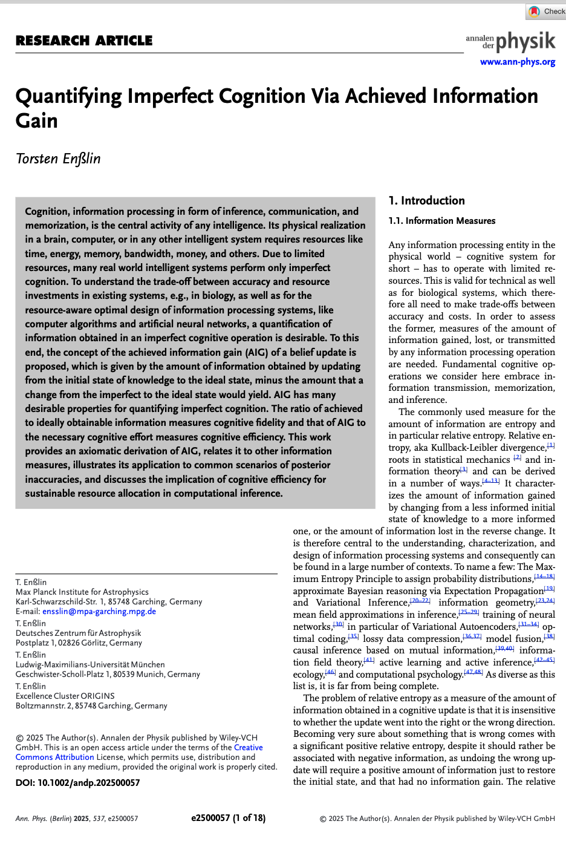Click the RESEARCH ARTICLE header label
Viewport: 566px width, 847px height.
pyautogui.click(x=84, y=41)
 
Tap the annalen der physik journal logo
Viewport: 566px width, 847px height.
pyautogui.click(x=510, y=42)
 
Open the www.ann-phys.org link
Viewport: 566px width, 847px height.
pyautogui.click(x=517, y=62)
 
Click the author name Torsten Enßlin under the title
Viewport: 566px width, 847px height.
pyautogui.click(x=58, y=159)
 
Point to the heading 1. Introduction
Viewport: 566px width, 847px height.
pyautogui.click(x=426, y=201)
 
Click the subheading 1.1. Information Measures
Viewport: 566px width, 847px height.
pyautogui.click(x=441, y=221)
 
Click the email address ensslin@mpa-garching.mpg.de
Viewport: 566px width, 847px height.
pyautogui.click(x=99, y=612)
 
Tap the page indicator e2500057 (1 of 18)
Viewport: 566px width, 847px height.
pyautogui.click(x=228, y=818)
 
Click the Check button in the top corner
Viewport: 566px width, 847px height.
pyautogui.click(x=547, y=11)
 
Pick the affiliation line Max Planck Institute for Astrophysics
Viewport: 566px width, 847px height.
pyautogui.click(x=82, y=592)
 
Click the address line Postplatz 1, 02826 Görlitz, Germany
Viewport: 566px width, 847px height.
pyautogui.click(x=79, y=643)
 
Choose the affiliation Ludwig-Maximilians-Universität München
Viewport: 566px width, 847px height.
pyautogui.click(x=90, y=665)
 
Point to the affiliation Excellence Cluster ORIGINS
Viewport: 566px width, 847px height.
pyautogui.click(x=65, y=696)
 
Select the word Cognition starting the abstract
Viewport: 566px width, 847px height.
pyautogui.click(x=47, y=211)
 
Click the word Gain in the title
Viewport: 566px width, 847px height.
pyautogui.click(x=36, y=121)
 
